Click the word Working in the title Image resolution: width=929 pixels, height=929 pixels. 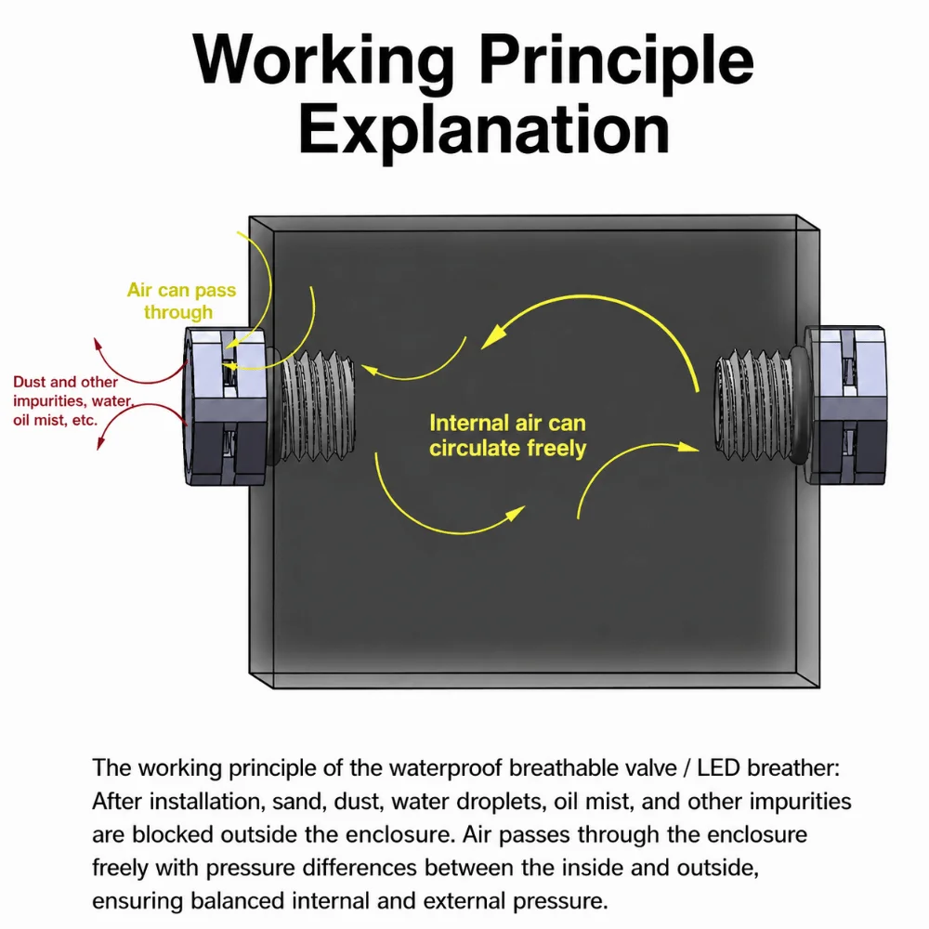324,60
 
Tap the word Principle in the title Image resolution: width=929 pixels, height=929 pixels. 617,60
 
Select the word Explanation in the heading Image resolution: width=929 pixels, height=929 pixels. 484,131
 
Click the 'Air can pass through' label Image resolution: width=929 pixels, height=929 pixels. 181,301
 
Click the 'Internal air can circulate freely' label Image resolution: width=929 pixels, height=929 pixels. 508,436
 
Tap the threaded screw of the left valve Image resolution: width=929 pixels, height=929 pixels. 318,406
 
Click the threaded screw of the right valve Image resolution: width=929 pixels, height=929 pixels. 752,406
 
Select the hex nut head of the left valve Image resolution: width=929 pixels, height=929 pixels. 225,407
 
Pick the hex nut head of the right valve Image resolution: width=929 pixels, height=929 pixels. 844,405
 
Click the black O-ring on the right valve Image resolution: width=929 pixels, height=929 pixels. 797,405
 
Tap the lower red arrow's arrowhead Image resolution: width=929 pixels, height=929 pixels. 101,442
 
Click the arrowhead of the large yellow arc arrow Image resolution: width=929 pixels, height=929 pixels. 493,338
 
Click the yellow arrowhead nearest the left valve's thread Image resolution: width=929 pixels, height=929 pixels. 370,370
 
